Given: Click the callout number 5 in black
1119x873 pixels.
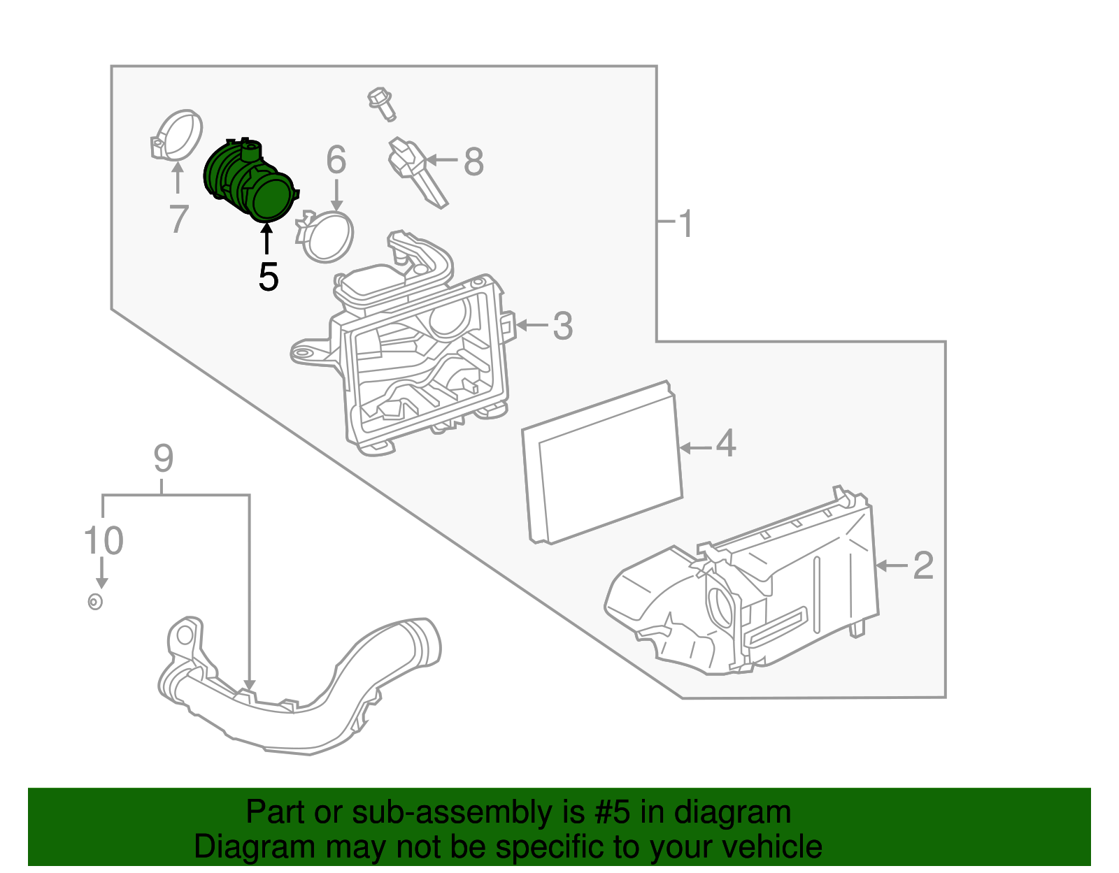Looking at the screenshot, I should pyautogui.click(x=268, y=277).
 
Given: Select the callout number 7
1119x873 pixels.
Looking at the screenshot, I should pyautogui.click(x=179, y=219).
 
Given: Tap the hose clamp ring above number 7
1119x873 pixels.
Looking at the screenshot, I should pyautogui.click(x=177, y=135).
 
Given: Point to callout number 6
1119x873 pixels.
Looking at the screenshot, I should pyautogui.click(x=336, y=160).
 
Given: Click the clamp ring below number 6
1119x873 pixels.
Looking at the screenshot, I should pyautogui.click(x=327, y=236).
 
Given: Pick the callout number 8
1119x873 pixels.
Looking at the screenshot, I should pyautogui.click(x=473, y=162).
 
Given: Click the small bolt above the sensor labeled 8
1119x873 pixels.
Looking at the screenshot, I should pyautogui.click(x=381, y=103).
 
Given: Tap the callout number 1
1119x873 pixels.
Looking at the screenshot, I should pyautogui.click(x=686, y=224).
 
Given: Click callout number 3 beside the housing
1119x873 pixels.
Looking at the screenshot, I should pyautogui.click(x=563, y=326).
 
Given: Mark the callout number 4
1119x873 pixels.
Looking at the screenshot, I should pyautogui.click(x=726, y=445).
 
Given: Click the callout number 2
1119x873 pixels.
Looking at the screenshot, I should pyautogui.click(x=923, y=565).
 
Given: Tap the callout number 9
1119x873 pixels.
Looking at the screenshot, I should pyautogui.click(x=163, y=459).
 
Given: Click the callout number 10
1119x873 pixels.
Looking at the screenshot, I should pyautogui.click(x=104, y=541).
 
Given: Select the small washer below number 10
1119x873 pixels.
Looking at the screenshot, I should pyautogui.click(x=96, y=601).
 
